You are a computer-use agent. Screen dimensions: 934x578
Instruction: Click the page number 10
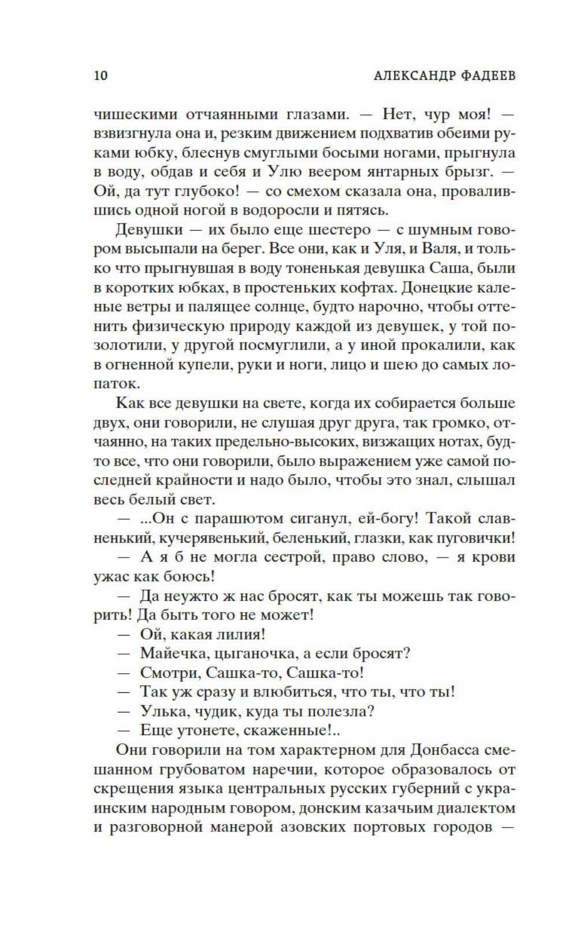(x=101, y=76)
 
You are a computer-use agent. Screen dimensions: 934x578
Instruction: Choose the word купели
(x=194, y=364)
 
